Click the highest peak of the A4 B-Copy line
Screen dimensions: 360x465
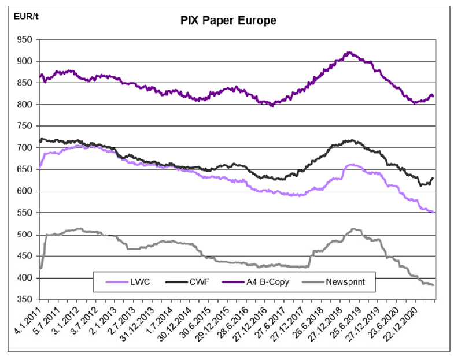click(348, 52)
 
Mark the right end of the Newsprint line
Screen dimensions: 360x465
click(433, 285)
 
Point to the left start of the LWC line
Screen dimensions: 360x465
click(39, 168)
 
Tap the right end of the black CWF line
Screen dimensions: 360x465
click(433, 178)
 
